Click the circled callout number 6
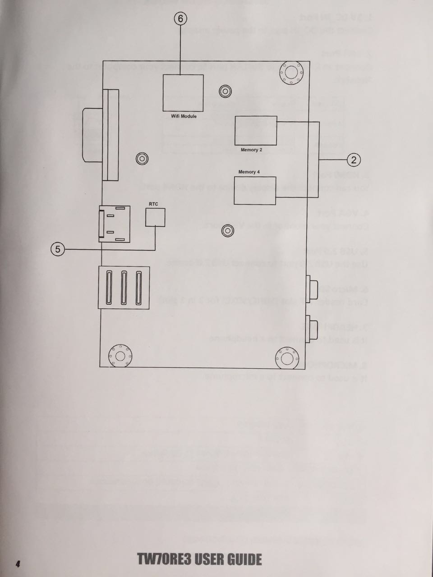click(180, 18)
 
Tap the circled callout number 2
click(354, 160)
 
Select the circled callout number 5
click(58, 249)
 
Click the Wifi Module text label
click(184, 116)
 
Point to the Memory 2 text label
click(251, 150)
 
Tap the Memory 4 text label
click(249, 172)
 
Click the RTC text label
click(153, 204)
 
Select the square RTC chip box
click(155, 217)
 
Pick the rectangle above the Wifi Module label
click(183, 93)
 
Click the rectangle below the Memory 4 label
click(255, 191)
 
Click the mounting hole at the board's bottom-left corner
click(120, 356)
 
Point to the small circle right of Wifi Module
click(225, 92)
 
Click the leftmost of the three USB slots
click(108, 287)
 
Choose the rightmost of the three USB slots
click(139, 287)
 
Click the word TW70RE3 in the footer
click(166, 559)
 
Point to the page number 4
click(18, 564)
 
